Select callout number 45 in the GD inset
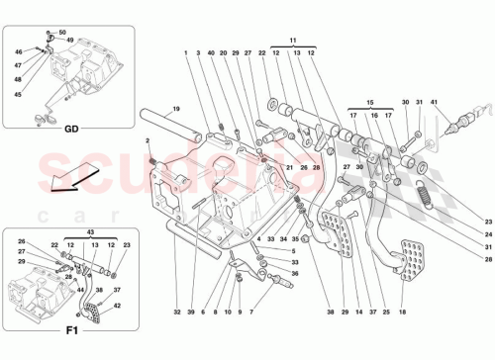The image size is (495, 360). pyautogui.click(x=17, y=95)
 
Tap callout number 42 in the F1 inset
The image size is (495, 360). pyautogui.click(x=117, y=307)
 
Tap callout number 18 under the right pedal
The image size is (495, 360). pyautogui.click(x=401, y=312)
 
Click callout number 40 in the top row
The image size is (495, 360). pyautogui.click(x=211, y=51)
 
